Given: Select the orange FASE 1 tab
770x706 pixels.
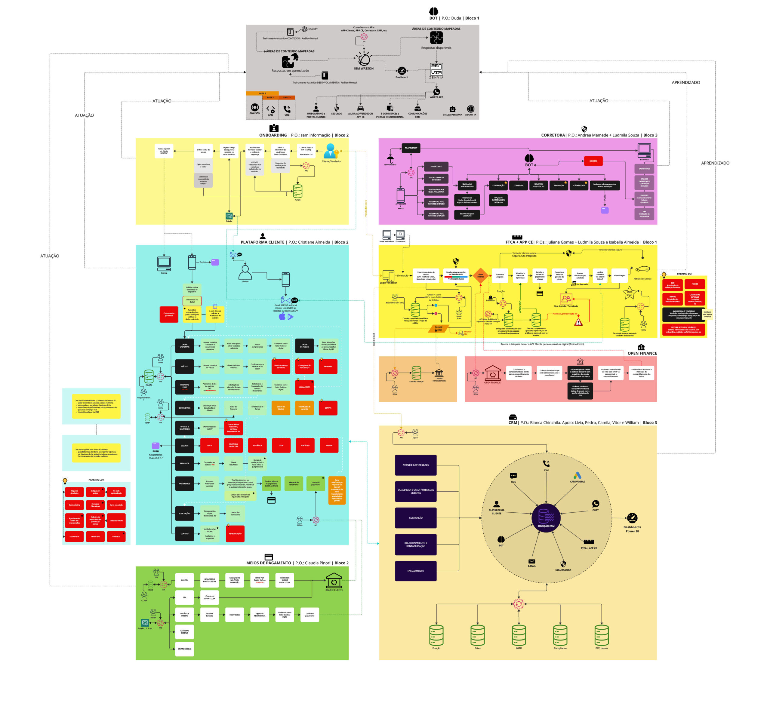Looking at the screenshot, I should (x=262, y=93).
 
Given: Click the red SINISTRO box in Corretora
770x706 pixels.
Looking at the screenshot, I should (x=593, y=161).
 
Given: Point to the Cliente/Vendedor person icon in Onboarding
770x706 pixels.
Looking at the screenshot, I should (x=330, y=151).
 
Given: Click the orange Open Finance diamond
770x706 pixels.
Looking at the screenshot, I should (x=480, y=275).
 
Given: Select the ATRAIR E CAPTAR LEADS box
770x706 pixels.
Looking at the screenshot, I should (x=415, y=465).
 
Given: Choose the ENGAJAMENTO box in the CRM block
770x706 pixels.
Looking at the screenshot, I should (x=415, y=571).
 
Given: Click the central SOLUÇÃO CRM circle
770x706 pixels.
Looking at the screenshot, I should (x=546, y=518).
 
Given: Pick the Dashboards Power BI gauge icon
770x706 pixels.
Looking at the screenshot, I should (x=632, y=518).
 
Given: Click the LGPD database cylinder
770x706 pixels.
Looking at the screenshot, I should (x=519, y=635).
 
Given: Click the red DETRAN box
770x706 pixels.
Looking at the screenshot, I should (x=328, y=408).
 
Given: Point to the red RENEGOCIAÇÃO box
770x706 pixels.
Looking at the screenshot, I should (x=235, y=534).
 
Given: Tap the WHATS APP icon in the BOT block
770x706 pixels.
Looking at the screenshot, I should (x=436, y=92).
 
